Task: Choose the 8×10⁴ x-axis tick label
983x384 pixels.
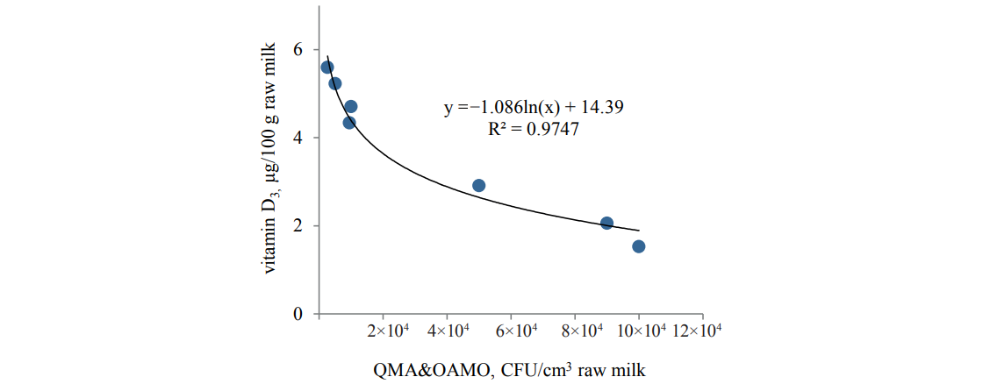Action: point(575,331)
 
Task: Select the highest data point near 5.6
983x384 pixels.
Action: point(327,68)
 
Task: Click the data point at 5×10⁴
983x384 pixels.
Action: point(479,185)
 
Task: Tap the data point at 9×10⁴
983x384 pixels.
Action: point(606,224)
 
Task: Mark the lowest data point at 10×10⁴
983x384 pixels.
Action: point(639,246)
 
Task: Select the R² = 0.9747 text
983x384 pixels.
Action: point(534,128)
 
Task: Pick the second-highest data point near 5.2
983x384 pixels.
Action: point(335,83)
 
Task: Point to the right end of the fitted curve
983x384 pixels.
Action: point(639,231)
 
